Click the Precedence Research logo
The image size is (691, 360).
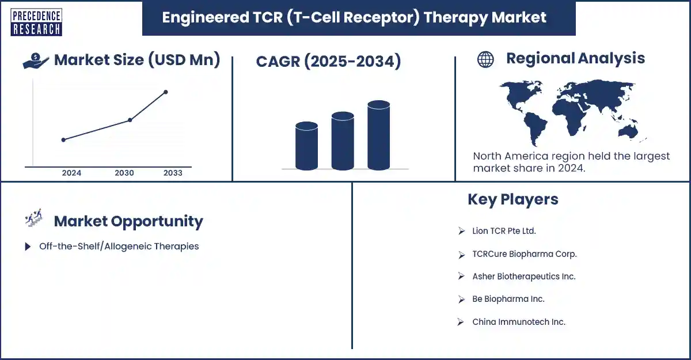pyautogui.click(x=36, y=22)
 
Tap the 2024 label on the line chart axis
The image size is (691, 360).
pyautogui.click(x=71, y=173)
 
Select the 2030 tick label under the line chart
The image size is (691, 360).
pyautogui.click(x=124, y=173)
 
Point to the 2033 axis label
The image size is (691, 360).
pyautogui.click(x=173, y=173)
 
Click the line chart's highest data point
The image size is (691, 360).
pyautogui.click(x=166, y=92)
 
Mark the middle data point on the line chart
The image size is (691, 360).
pyautogui.click(x=130, y=120)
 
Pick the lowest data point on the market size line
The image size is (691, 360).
pyautogui.click(x=63, y=140)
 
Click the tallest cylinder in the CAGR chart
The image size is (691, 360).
pyautogui.click(x=378, y=135)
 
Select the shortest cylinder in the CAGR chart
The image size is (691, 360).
pyautogui.click(x=306, y=146)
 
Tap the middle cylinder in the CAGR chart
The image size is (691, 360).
pyautogui.click(x=343, y=141)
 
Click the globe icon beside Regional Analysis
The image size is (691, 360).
pyautogui.click(x=485, y=59)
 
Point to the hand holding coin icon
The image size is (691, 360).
pyautogui.click(x=36, y=60)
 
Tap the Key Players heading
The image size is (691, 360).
pyautogui.click(x=513, y=199)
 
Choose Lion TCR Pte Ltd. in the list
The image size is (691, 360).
pyautogui.click(x=504, y=231)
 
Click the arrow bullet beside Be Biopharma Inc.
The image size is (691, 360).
pyautogui.click(x=461, y=299)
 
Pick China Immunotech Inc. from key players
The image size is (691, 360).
pyautogui.click(x=519, y=322)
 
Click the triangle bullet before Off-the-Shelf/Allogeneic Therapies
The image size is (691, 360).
pyautogui.click(x=28, y=247)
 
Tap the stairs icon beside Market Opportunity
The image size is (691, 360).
pyautogui.click(x=33, y=218)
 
